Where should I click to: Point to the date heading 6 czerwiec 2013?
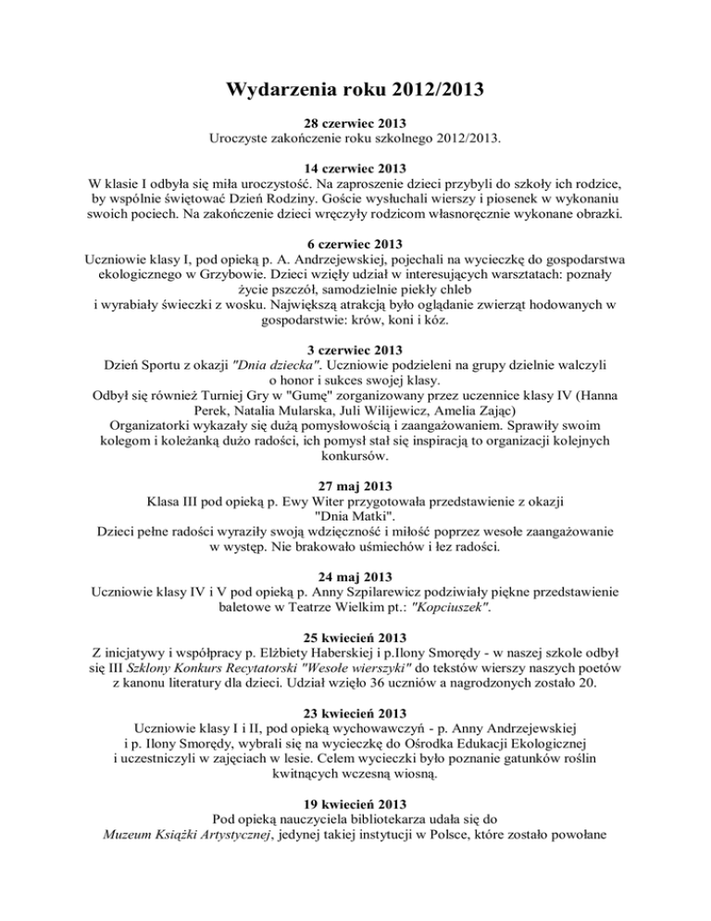pyautogui.click(x=355, y=244)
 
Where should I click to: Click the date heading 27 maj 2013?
pyautogui.click(x=355, y=486)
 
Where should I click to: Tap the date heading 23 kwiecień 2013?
pyautogui.click(x=355, y=713)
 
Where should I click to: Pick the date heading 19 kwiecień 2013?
pyautogui.click(x=355, y=804)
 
